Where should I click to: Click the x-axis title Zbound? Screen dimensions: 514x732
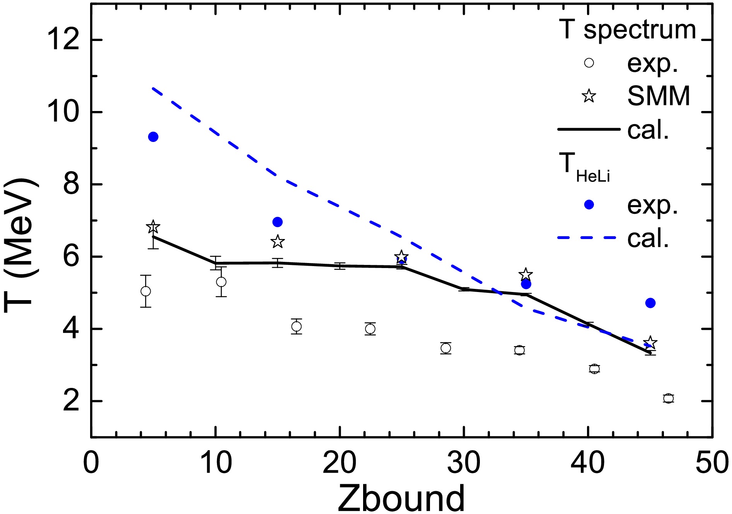(x=401, y=498)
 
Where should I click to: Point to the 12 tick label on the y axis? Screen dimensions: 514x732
(x=63, y=40)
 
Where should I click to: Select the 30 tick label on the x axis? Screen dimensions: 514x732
(x=463, y=463)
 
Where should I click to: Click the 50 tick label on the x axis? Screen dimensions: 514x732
(x=712, y=463)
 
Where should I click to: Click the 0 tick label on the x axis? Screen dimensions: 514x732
(x=91, y=463)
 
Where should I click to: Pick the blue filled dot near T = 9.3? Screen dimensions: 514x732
(x=153, y=137)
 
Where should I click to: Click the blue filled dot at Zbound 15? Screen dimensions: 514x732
(x=278, y=222)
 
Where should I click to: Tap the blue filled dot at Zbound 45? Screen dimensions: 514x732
(x=650, y=303)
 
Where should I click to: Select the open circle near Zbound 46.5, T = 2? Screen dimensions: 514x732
(x=669, y=399)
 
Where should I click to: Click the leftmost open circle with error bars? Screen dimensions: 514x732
(x=145, y=291)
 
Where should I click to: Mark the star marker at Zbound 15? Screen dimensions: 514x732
(x=278, y=242)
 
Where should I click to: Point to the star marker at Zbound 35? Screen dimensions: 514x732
(x=526, y=274)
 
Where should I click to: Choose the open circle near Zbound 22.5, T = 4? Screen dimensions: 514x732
(x=370, y=329)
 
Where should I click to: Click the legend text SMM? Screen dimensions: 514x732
(x=659, y=96)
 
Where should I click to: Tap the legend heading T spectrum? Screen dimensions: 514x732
(x=627, y=30)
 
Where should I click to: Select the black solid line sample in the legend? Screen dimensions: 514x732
(x=588, y=129)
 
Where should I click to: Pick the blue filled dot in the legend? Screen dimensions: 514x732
(x=589, y=205)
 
